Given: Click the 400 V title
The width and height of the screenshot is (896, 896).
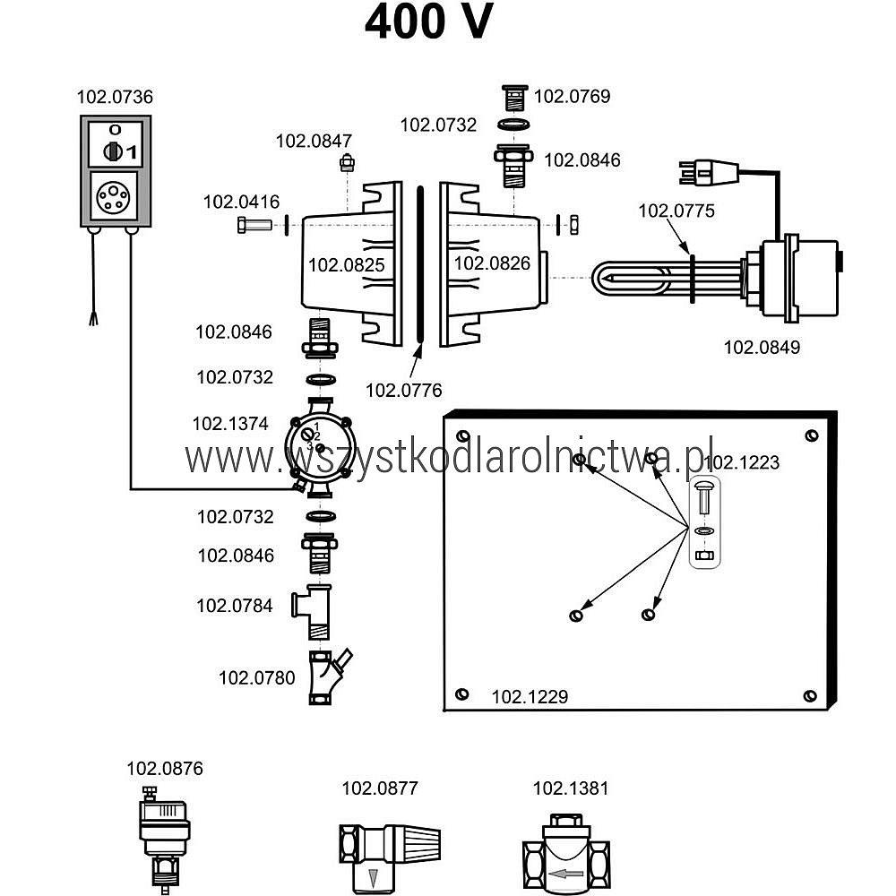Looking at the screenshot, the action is point(428,22).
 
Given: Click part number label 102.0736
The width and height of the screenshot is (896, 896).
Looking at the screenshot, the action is point(115,97).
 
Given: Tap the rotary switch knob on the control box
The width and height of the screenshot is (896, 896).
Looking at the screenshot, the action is point(113,151).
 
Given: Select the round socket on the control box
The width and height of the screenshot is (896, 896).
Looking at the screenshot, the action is point(113,196).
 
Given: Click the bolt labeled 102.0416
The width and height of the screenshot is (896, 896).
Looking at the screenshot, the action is point(254,225).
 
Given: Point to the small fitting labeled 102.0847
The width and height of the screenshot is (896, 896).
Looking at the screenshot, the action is point(347,163).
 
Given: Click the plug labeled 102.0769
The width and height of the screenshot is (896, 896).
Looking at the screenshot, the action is point(514,98).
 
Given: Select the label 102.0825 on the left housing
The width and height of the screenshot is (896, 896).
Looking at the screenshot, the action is point(347,264).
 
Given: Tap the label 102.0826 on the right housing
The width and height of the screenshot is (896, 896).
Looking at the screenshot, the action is point(492,263).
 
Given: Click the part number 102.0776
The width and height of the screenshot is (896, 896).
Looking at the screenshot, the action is point(404,391).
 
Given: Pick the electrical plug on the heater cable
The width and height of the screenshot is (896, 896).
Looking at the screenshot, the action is point(709,172).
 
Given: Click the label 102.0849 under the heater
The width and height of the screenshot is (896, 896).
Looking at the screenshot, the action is point(762,347).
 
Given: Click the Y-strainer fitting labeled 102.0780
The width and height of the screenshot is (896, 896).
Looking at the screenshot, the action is point(326,677).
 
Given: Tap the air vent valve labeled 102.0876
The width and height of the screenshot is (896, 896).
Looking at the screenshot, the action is point(163,839).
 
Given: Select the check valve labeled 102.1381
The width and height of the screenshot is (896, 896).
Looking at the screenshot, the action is point(565,854).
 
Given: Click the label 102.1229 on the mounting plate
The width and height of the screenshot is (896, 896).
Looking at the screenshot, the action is point(530,696).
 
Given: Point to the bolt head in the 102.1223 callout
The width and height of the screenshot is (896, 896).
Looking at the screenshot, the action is point(704,487).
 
